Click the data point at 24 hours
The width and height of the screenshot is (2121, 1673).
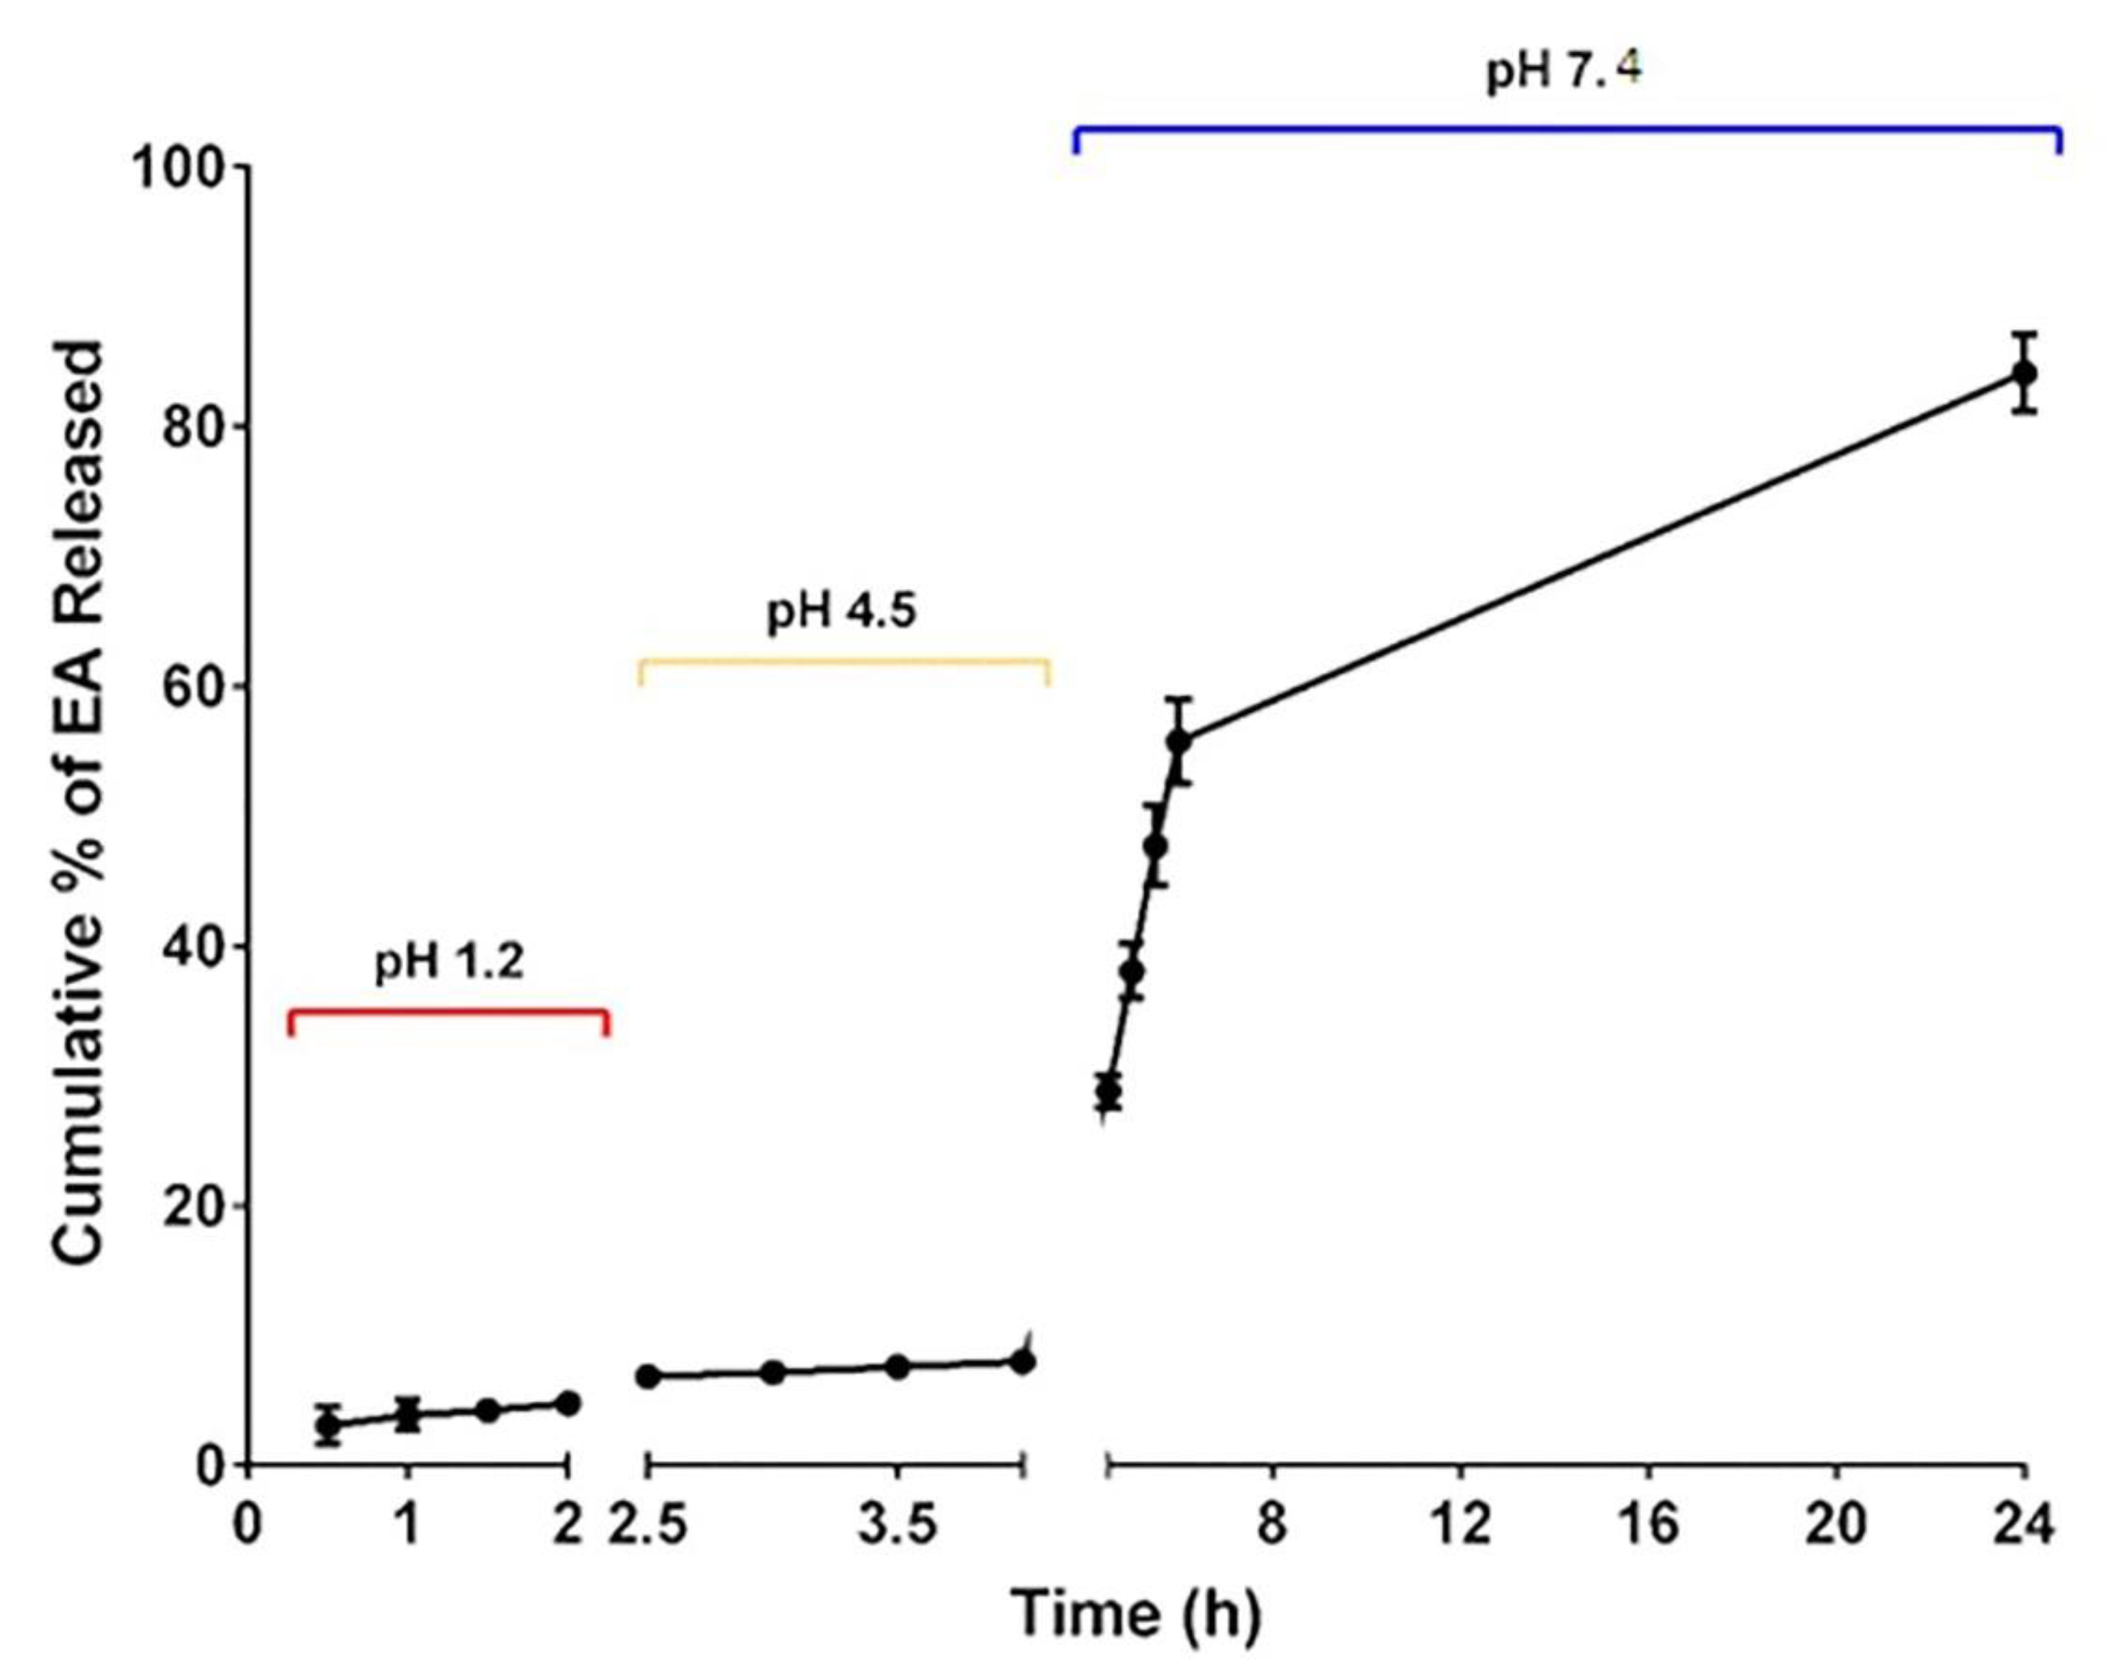coord(2024,373)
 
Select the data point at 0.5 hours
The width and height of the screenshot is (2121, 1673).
coord(329,1427)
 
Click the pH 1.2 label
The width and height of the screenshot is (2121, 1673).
coord(450,963)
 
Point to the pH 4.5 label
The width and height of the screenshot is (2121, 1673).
coord(841,612)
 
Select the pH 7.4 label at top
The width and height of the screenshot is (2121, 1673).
coord(1564,71)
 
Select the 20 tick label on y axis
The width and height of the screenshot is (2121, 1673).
coord(192,1207)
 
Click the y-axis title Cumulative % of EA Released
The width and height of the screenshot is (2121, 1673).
coord(78,803)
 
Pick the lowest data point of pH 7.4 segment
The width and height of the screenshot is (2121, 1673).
coord(1108,1090)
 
